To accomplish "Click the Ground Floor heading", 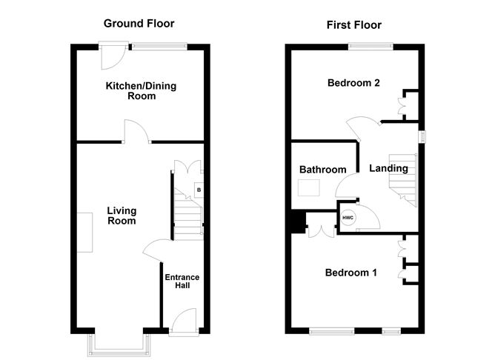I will (139, 24).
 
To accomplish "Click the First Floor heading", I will (354, 25).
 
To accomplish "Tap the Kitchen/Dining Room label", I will (141, 91).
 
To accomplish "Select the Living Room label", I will (122, 216).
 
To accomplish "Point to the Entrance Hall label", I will (182, 281).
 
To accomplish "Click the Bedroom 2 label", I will (353, 83).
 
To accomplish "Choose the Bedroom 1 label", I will (351, 273).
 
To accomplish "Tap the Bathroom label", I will (322, 170).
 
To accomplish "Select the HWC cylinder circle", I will (348, 219).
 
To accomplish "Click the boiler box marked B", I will (198, 190).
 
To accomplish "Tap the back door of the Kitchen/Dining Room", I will (113, 56).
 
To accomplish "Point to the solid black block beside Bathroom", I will (298, 222).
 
